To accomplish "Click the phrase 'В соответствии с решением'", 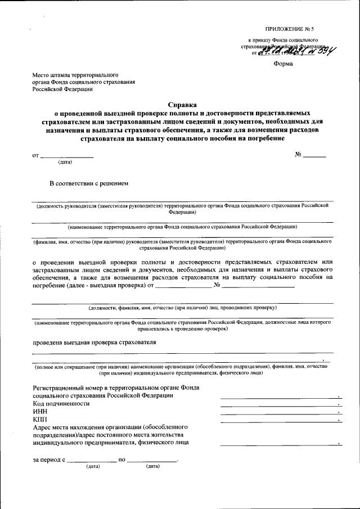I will point(89,183).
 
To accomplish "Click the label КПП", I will point(41,420).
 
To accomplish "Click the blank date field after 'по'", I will point(152,461).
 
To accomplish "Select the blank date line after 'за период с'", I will point(92,461).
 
